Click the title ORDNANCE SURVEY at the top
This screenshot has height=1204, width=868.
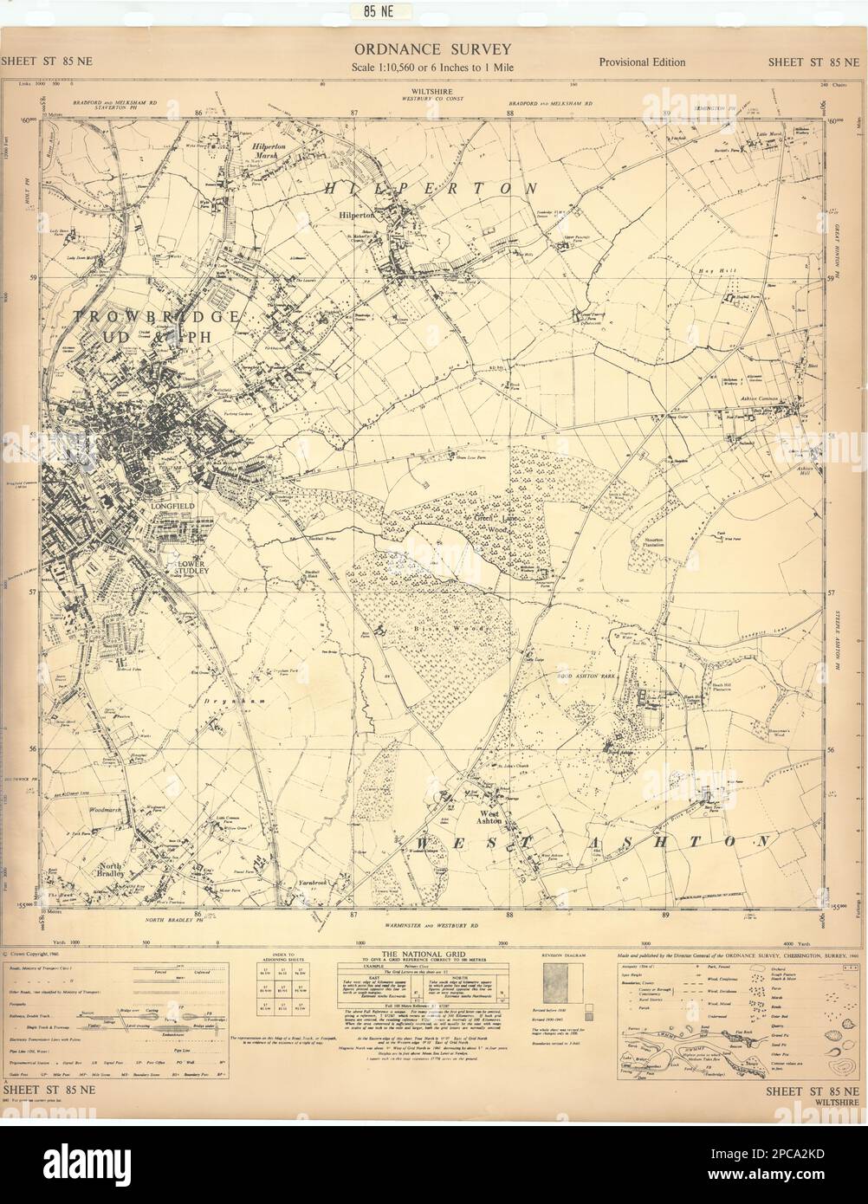[431, 49]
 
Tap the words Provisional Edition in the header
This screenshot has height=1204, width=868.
[642, 61]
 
